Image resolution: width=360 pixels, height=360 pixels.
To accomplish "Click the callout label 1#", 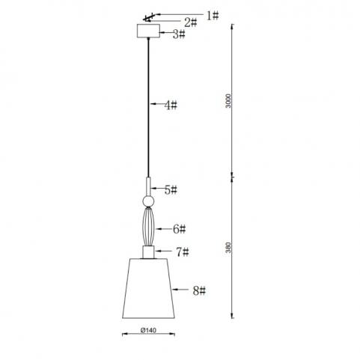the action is click(x=213, y=16).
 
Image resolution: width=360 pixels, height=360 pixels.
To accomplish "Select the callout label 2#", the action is click(x=191, y=23).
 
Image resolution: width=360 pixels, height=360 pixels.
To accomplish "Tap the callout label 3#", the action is click(x=179, y=34).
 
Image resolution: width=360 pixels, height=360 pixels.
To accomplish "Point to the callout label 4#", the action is click(x=171, y=105).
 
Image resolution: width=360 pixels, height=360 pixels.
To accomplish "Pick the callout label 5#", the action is click(x=171, y=190).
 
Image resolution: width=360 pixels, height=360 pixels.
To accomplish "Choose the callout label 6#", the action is click(x=180, y=229).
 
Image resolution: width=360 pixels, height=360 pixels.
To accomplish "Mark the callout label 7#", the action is click(x=183, y=252).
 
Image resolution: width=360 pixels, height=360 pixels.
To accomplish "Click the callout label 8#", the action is click(x=199, y=291).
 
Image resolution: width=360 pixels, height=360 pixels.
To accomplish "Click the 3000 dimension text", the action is click(x=228, y=101).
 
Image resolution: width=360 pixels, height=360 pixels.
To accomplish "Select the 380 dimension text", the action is click(x=228, y=248).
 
